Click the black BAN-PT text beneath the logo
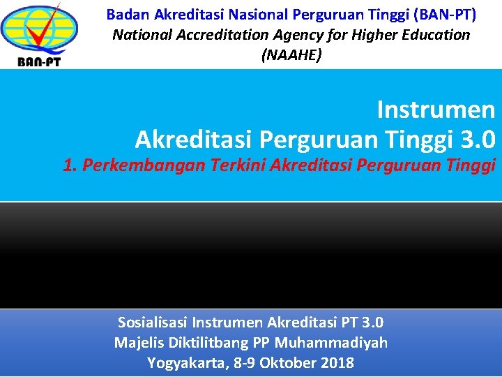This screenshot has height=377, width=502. (40, 61)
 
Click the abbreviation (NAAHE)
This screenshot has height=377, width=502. (291, 55)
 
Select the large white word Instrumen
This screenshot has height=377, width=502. (436, 110)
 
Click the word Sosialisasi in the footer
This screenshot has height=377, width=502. (153, 323)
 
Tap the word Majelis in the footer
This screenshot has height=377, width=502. (139, 343)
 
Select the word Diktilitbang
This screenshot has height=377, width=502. (206, 343)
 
